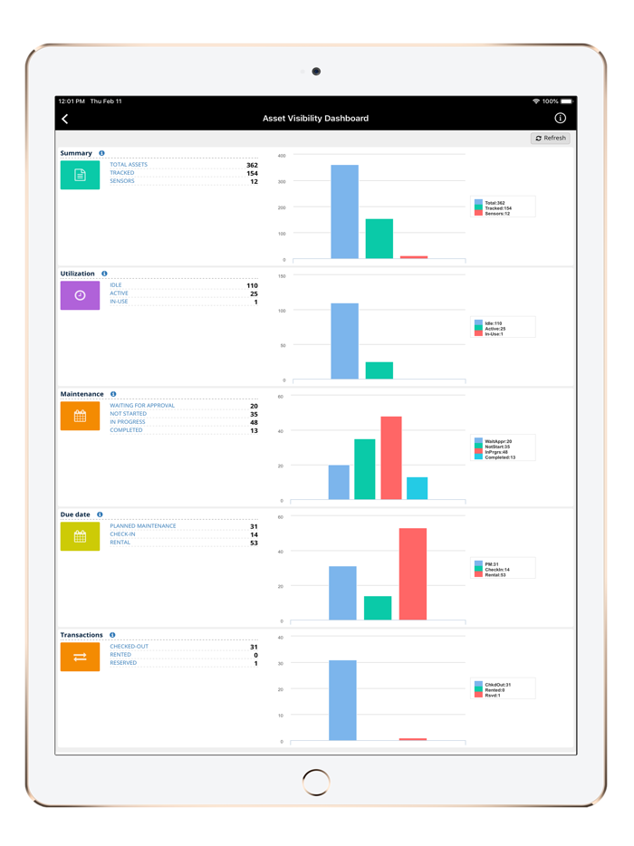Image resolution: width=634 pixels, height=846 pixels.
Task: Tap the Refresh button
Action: (x=550, y=139)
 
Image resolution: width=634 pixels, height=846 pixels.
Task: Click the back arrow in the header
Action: (x=65, y=119)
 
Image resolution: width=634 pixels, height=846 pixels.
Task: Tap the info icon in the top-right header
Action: (x=560, y=119)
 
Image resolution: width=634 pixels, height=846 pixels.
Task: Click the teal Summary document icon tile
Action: (x=80, y=175)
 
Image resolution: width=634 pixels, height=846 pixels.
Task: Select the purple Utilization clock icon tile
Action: (x=80, y=295)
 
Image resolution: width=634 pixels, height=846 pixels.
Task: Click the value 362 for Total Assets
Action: (x=251, y=165)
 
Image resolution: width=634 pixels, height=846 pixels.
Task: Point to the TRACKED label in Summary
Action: (x=122, y=173)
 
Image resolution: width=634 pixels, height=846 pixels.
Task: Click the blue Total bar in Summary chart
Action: (x=344, y=212)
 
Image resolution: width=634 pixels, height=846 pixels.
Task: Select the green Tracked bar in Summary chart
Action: (x=379, y=238)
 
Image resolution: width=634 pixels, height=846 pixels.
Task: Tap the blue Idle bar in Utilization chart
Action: (x=344, y=341)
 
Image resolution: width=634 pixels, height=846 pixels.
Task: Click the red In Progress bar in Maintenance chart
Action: (x=390, y=457)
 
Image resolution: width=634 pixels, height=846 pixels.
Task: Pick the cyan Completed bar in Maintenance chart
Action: (x=417, y=488)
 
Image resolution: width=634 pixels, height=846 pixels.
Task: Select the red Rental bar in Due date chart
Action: (x=412, y=574)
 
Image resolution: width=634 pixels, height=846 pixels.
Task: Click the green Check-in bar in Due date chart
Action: (x=378, y=608)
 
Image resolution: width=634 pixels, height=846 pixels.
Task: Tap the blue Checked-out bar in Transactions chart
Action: (x=342, y=700)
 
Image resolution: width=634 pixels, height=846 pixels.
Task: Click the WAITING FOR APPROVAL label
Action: (x=142, y=406)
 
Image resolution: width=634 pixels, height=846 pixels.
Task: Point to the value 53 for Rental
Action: (x=254, y=543)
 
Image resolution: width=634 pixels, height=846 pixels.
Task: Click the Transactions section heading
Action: (x=82, y=635)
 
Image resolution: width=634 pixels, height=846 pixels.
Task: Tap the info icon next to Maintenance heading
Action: (x=113, y=394)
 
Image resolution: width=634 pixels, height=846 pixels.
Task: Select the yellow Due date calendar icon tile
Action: (x=80, y=536)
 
